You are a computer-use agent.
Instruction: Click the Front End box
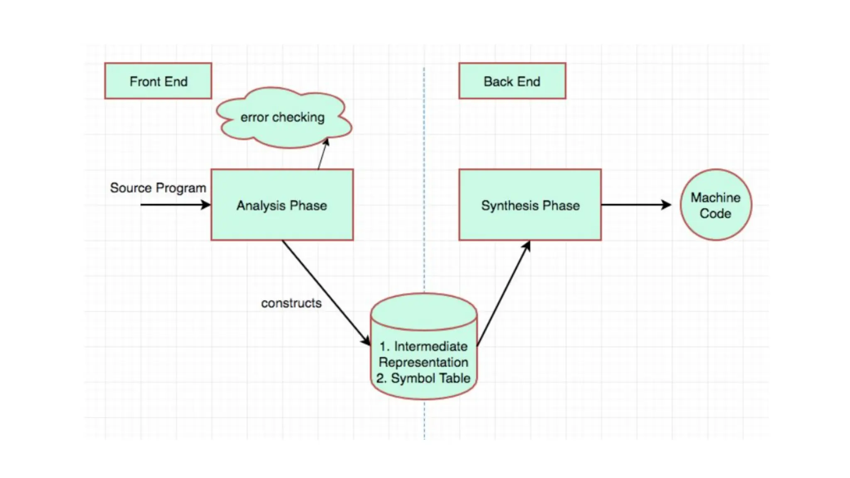click(x=158, y=81)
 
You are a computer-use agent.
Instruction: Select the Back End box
click(x=512, y=81)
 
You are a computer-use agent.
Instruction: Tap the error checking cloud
click(x=283, y=117)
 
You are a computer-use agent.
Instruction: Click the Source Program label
click(x=158, y=188)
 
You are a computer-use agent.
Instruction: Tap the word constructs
click(x=291, y=303)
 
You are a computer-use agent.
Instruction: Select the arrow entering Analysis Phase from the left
click(x=174, y=205)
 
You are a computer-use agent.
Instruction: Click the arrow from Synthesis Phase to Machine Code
click(x=635, y=205)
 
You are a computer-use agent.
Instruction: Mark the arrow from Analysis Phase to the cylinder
click(x=326, y=292)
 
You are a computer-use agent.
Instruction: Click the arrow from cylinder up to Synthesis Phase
click(x=503, y=294)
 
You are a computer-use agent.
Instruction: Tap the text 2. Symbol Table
click(x=423, y=378)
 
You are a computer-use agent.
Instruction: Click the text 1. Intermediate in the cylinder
click(x=423, y=346)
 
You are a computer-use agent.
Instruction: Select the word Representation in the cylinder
click(x=423, y=362)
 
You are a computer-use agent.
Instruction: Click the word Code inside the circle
click(x=715, y=214)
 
